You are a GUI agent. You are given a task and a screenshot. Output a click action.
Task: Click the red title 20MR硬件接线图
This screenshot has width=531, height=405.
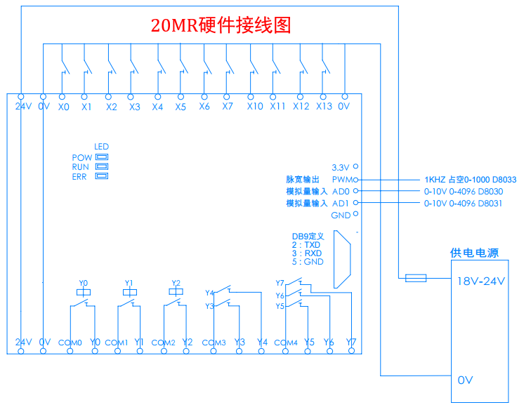coord(221,26)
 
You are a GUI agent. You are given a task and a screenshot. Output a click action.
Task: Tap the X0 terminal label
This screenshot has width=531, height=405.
coord(64,107)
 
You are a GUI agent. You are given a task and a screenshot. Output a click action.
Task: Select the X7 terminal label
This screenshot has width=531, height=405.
coord(227,107)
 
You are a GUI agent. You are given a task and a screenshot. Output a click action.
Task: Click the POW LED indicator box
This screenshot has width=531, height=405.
coord(102,157)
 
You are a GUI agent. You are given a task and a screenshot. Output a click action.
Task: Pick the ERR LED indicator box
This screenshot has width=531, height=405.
coord(102,176)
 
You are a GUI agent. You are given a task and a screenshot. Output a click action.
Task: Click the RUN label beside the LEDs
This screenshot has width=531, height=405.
coord(81,167)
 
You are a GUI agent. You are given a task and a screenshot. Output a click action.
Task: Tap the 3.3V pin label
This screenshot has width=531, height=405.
coord(341,167)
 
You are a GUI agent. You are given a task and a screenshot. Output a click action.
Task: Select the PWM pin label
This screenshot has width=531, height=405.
coord(342,180)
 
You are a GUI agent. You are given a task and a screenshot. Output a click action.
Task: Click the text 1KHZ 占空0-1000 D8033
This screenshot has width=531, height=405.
coord(470,180)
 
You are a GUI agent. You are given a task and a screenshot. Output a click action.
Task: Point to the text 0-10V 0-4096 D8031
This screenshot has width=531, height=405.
coord(464,203)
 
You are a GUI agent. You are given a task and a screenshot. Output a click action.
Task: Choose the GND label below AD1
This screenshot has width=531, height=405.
coord(341,215)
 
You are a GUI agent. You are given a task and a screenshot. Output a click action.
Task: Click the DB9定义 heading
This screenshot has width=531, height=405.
coord(307,237)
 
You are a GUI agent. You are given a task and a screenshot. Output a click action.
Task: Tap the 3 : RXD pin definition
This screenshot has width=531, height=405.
coord(306,253)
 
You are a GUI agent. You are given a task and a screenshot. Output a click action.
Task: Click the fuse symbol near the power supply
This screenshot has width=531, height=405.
coord(416,279)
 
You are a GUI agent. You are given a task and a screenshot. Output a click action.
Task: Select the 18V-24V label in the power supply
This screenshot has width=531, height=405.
coord(481,280)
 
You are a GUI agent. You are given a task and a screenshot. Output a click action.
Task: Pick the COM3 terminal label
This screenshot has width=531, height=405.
coord(214,343)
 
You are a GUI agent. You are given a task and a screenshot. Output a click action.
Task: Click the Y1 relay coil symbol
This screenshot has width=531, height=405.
coord(129,292)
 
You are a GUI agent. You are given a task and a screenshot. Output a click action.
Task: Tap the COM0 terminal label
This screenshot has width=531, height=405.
coord(70,343)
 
